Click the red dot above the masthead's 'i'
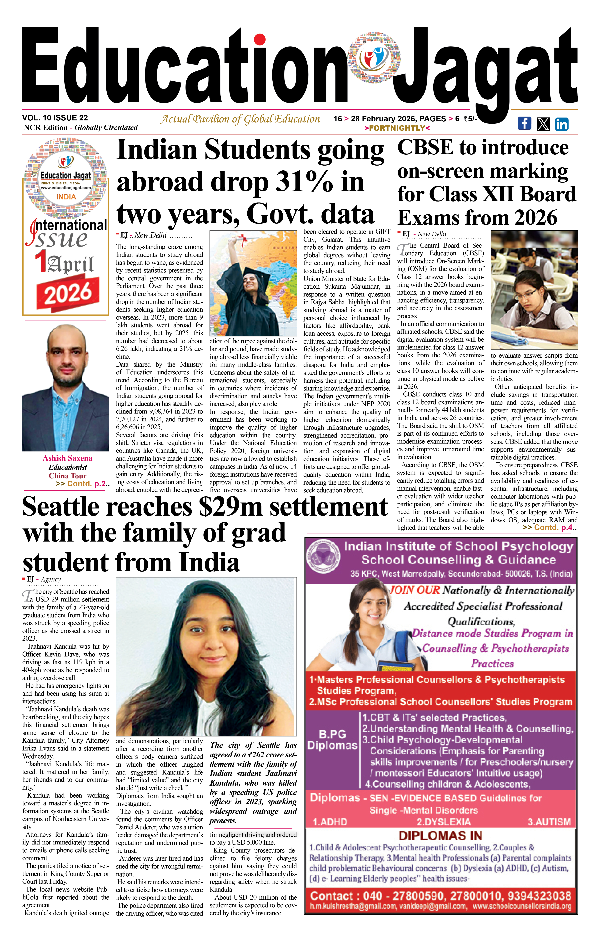[259, 39]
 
